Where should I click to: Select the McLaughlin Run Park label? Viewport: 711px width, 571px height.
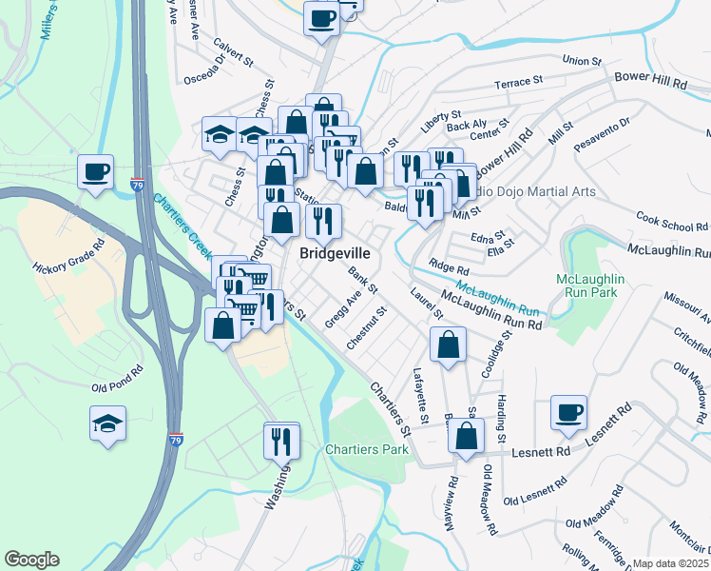(590, 285)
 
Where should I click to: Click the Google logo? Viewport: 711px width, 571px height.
(31, 560)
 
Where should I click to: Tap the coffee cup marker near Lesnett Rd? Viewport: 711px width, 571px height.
(568, 413)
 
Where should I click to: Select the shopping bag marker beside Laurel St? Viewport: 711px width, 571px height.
(448, 345)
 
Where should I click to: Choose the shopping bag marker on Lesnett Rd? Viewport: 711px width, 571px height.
(466, 437)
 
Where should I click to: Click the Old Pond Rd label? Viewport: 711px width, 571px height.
(118, 379)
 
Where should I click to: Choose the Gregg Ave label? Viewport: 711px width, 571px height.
(342, 310)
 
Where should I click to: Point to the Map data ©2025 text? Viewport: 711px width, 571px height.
(670, 563)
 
